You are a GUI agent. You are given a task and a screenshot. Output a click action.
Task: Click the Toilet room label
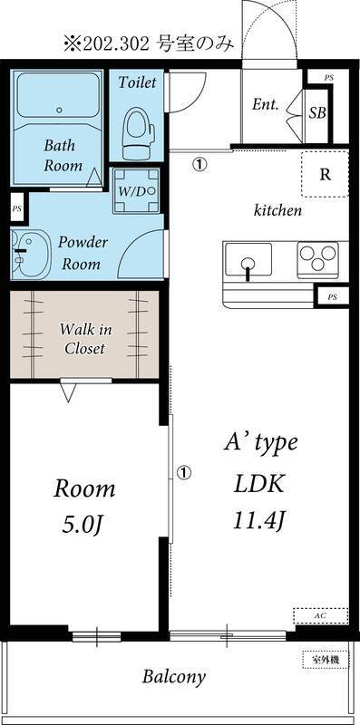(138, 82)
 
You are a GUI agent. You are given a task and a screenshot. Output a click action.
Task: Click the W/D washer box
(137, 191)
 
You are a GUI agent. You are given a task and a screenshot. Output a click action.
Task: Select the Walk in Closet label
(83, 338)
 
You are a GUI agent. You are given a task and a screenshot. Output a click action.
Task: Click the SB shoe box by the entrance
(316, 112)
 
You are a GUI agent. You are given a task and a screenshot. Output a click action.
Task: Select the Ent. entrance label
(265, 104)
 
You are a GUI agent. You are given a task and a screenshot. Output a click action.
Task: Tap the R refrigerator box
(324, 175)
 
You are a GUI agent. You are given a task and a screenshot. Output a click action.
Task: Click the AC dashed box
(320, 614)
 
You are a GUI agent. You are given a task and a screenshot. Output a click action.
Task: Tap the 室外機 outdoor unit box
(321, 659)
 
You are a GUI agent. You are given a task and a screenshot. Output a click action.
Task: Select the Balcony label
(173, 677)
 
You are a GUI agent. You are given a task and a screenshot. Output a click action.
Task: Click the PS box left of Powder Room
(16, 208)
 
